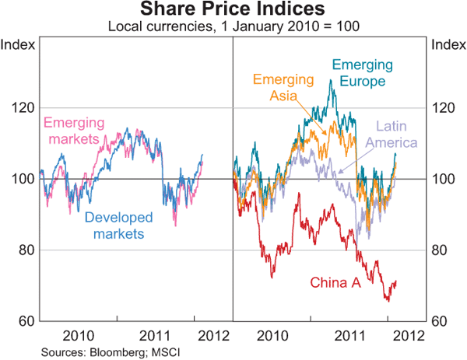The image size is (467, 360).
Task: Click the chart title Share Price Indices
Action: pyautogui.click(x=233, y=10)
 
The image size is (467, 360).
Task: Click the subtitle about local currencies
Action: pyautogui.click(x=233, y=27)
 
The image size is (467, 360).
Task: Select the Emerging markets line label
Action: pyautogui.click(x=75, y=131)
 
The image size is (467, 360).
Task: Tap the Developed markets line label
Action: pyautogui.click(x=118, y=225)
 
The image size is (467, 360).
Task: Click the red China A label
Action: pyautogui.click(x=335, y=283)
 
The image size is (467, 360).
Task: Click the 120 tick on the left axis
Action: pyautogui.click(x=21, y=107)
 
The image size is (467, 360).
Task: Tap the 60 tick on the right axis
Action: pyautogui.click(x=441, y=321)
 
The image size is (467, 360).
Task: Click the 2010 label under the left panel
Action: pyautogui.click(x=78, y=336)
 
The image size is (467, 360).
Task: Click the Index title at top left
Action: pyautogui.click(x=18, y=44)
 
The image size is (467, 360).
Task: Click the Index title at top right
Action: pyautogui.click(x=448, y=44)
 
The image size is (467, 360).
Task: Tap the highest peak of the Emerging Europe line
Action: pyautogui.click(x=332, y=80)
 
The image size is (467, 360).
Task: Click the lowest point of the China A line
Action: pyautogui.click(x=388, y=301)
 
